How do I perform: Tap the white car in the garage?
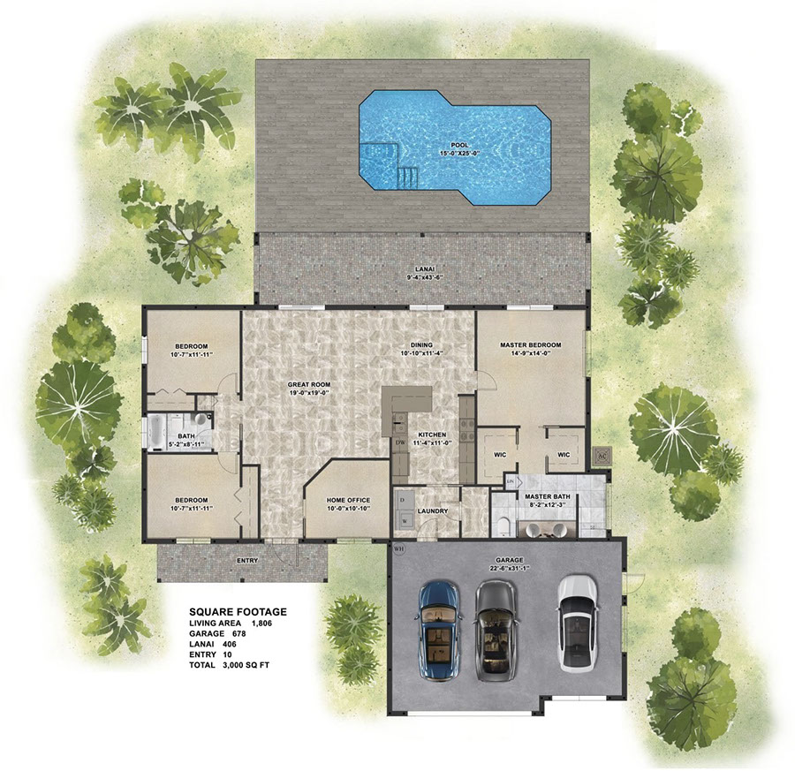[x=578, y=623]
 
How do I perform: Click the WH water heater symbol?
[x=399, y=548]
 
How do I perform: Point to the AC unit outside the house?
[x=602, y=455]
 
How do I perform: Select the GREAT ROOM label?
[x=309, y=385]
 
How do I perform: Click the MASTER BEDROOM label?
[x=530, y=345]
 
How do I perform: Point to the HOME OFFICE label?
[x=348, y=500]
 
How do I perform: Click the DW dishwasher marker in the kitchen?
[x=399, y=442]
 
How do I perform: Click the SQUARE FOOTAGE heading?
[x=238, y=612]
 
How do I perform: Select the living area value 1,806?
[x=261, y=623]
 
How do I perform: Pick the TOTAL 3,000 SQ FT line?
[x=229, y=664]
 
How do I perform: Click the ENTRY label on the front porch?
[x=247, y=561]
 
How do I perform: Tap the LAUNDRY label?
[x=433, y=511]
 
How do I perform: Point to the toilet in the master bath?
[x=503, y=527]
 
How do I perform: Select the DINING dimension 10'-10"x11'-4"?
[x=422, y=353]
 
